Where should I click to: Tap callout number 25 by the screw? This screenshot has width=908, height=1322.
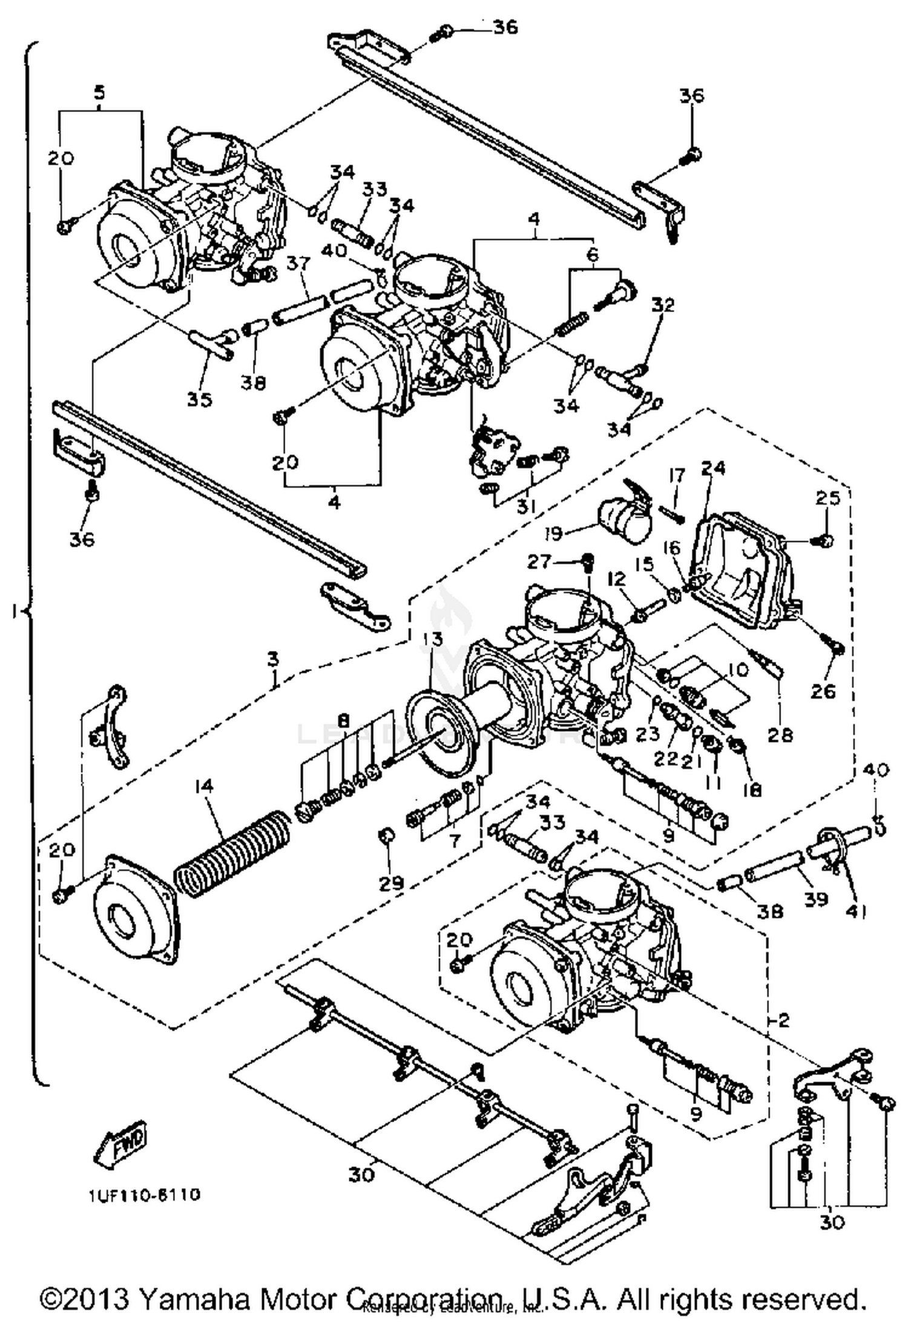click(827, 498)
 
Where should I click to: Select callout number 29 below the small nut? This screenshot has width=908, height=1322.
click(391, 883)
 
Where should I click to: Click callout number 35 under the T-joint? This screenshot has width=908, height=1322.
click(200, 399)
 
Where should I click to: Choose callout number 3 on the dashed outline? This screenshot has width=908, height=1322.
click(274, 658)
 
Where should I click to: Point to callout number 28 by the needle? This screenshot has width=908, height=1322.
click(780, 735)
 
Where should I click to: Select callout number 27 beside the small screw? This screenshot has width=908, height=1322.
click(538, 563)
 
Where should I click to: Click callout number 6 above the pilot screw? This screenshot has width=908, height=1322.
click(592, 254)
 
